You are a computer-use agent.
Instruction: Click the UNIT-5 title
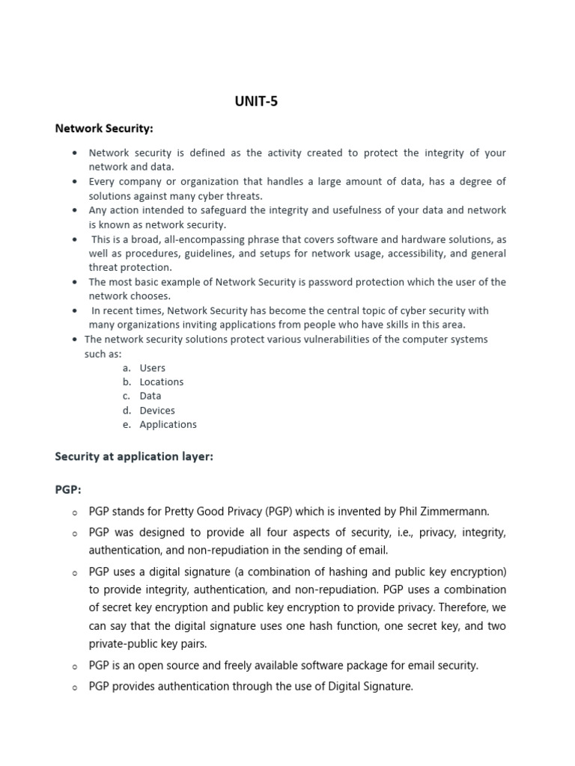click(x=256, y=102)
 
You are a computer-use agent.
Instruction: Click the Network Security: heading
click(x=104, y=129)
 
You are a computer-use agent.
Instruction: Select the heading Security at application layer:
click(x=134, y=457)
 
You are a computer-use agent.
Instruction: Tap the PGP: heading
click(x=68, y=489)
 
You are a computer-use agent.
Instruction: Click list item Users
click(x=152, y=368)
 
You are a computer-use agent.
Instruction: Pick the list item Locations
click(x=161, y=382)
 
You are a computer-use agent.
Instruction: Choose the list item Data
click(x=150, y=396)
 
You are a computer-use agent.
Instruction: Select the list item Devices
click(x=157, y=410)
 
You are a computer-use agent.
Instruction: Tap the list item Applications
click(x=168, y=424)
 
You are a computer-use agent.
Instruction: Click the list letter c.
click(x=127, y=396)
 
